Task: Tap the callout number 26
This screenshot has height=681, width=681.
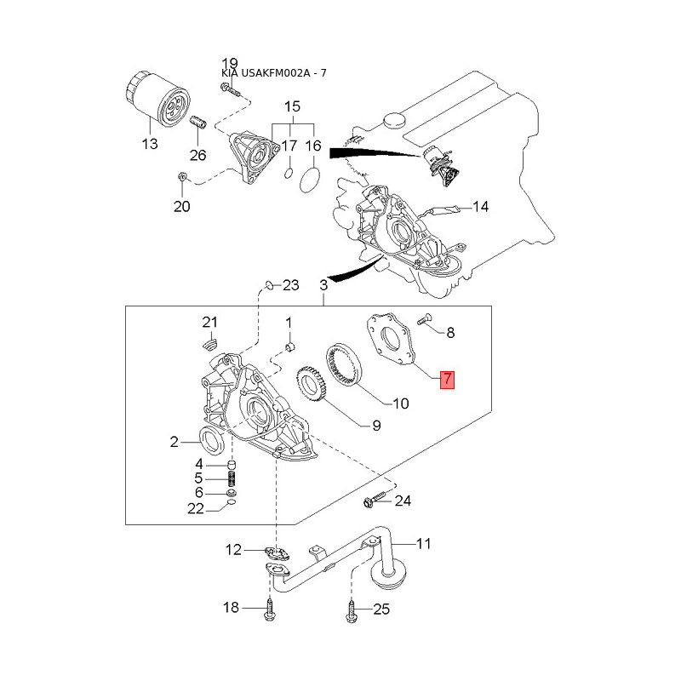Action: [x=197, y=155]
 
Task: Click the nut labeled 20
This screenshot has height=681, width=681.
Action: [x=182, y=177]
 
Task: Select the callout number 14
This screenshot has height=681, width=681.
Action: [x=481, y=207]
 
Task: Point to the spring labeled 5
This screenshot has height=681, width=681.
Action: [x=232, y=479]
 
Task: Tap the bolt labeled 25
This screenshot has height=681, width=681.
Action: [x=352, y=609]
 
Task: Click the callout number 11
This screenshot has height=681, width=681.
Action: [x=423, y=542]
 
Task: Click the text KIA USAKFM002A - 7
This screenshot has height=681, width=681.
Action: [x=273, y=73]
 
